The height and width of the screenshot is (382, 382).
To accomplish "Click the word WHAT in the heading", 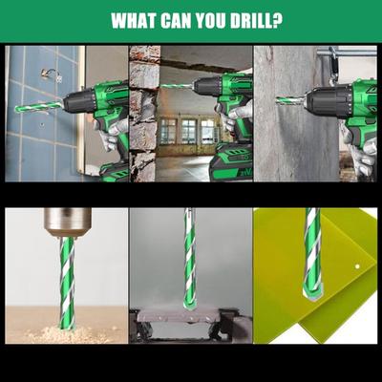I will click(136, 21).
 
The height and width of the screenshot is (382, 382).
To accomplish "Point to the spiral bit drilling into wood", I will click(64, 286).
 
